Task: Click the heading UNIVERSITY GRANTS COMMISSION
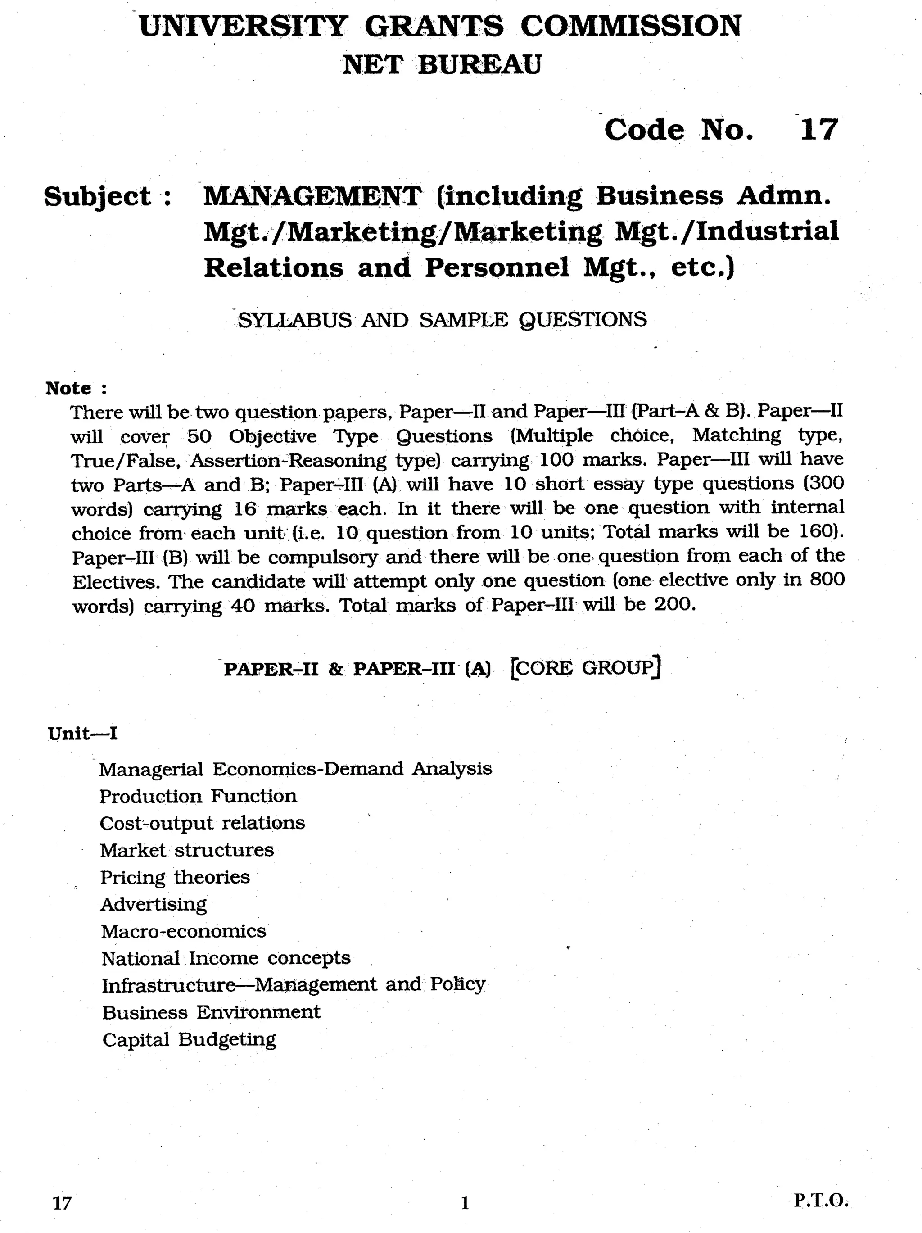pos(440,26)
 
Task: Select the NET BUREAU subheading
pos(441,65)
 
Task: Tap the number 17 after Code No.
pos(818,129)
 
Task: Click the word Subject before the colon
pos(98,197)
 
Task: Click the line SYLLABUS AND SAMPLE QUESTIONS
pos(442,320)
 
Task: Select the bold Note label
pos(68,388)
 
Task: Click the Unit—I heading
pos(82,734)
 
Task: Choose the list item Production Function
pos(198,796)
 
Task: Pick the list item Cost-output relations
pos(202,823)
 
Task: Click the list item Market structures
pos(187,851)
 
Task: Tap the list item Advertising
pos(153,904)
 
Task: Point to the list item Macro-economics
pos(183,931)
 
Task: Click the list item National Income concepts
pos(226,958)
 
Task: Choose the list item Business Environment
pos(211,1012)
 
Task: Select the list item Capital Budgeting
pos(189,1039)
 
